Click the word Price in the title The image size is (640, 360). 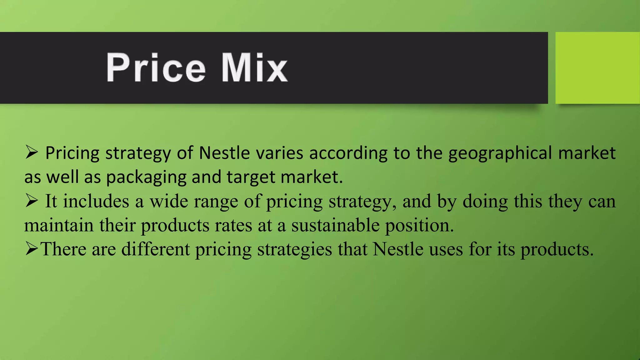(x=156, y=67)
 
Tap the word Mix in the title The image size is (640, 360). (x=254, y=67)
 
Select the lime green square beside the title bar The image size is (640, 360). (x=597, y=67)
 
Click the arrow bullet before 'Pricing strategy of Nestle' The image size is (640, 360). (x=32, y=152)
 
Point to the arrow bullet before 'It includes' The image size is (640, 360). (x=32, y=201)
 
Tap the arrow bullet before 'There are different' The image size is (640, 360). (x=32, y=249)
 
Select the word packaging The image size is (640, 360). (x=146, y=177)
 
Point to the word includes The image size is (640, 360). (x=96, y=201)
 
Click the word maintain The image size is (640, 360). (x=59, y=225)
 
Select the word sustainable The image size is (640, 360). (x=335, y=225)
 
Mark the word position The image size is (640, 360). (x=419, y=225)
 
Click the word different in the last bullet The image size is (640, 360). (x=156, y=249)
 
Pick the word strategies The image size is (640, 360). (x=294, y=249)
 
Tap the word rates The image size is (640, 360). (x=233, y=225)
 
